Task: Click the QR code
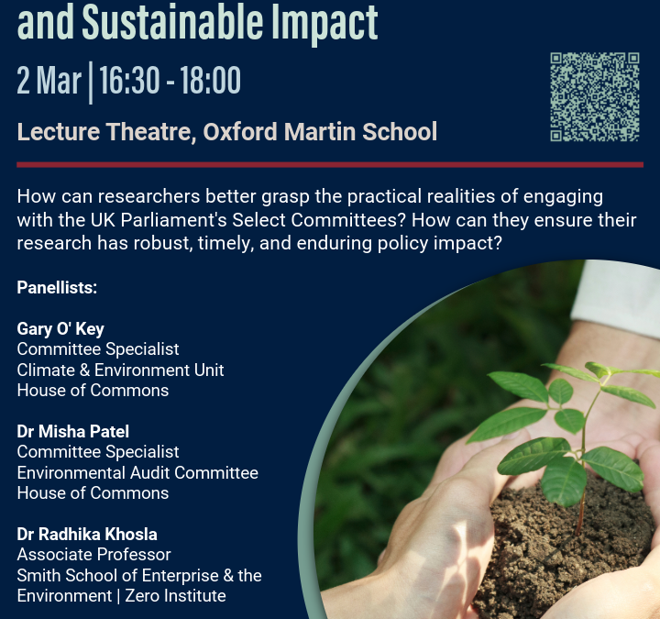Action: tap(594, 97)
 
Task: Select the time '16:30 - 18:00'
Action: tap(170, 81)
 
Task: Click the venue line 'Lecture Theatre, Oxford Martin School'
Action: tap(226, 131)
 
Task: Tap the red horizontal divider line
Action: tap(329, 165)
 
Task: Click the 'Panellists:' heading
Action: tap(57, 288)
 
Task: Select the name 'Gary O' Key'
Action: tap(60, 329)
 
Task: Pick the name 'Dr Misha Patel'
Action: tap(73, 432)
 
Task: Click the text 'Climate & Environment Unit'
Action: tap(120, 370)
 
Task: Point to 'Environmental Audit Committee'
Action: tap(137, 472)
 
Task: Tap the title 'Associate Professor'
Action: tap(93, 555)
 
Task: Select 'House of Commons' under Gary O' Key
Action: tap(93, 390)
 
